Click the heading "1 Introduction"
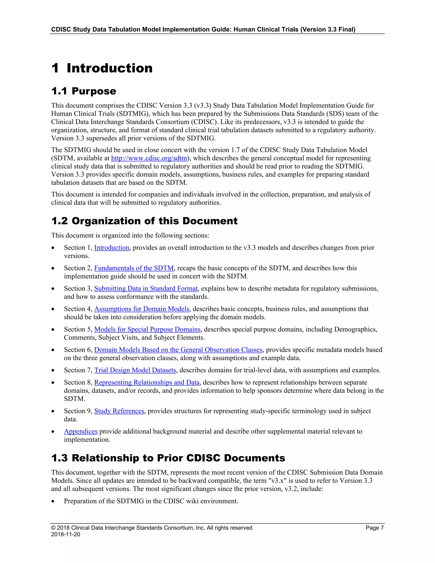pos(102,68)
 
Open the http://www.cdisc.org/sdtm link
pos(149,158)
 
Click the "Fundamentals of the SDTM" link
pos(134,268)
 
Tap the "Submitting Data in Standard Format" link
pos(146,289)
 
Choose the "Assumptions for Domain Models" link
pos(142,309)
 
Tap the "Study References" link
pos(119,411)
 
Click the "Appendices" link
pos(81,431)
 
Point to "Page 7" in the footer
pos(374,528)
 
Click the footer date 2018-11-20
pos(65,534)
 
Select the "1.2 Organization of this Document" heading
pos(144,221)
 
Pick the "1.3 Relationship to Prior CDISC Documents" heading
pos(168,458)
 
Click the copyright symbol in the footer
pos(53,528)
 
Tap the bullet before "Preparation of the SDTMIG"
pos(53,501)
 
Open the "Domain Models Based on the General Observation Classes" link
pos(178,350)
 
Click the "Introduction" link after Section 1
pos(112,248)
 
